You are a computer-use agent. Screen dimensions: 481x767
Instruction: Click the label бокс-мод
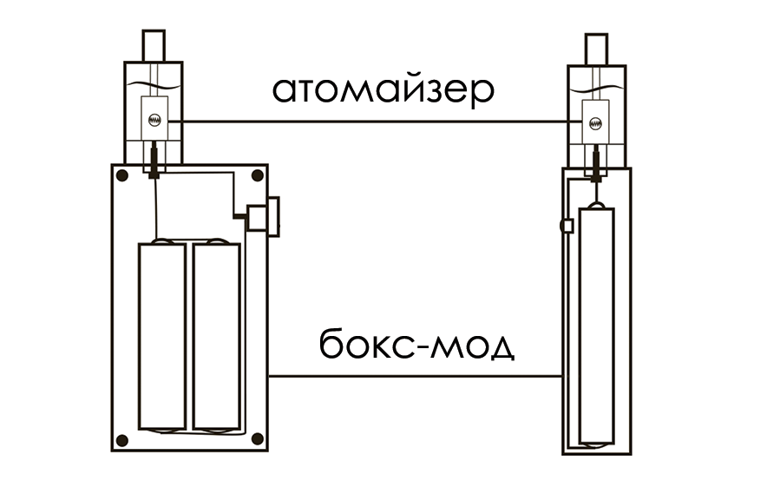416,347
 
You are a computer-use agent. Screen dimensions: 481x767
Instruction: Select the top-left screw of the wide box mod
123,176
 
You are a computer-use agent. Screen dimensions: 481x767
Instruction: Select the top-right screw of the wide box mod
257,176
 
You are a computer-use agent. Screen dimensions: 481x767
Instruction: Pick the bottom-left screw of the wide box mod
123,438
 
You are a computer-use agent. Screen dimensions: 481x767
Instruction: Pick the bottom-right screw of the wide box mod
257,438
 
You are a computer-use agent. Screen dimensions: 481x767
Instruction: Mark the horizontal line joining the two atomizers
373,121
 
